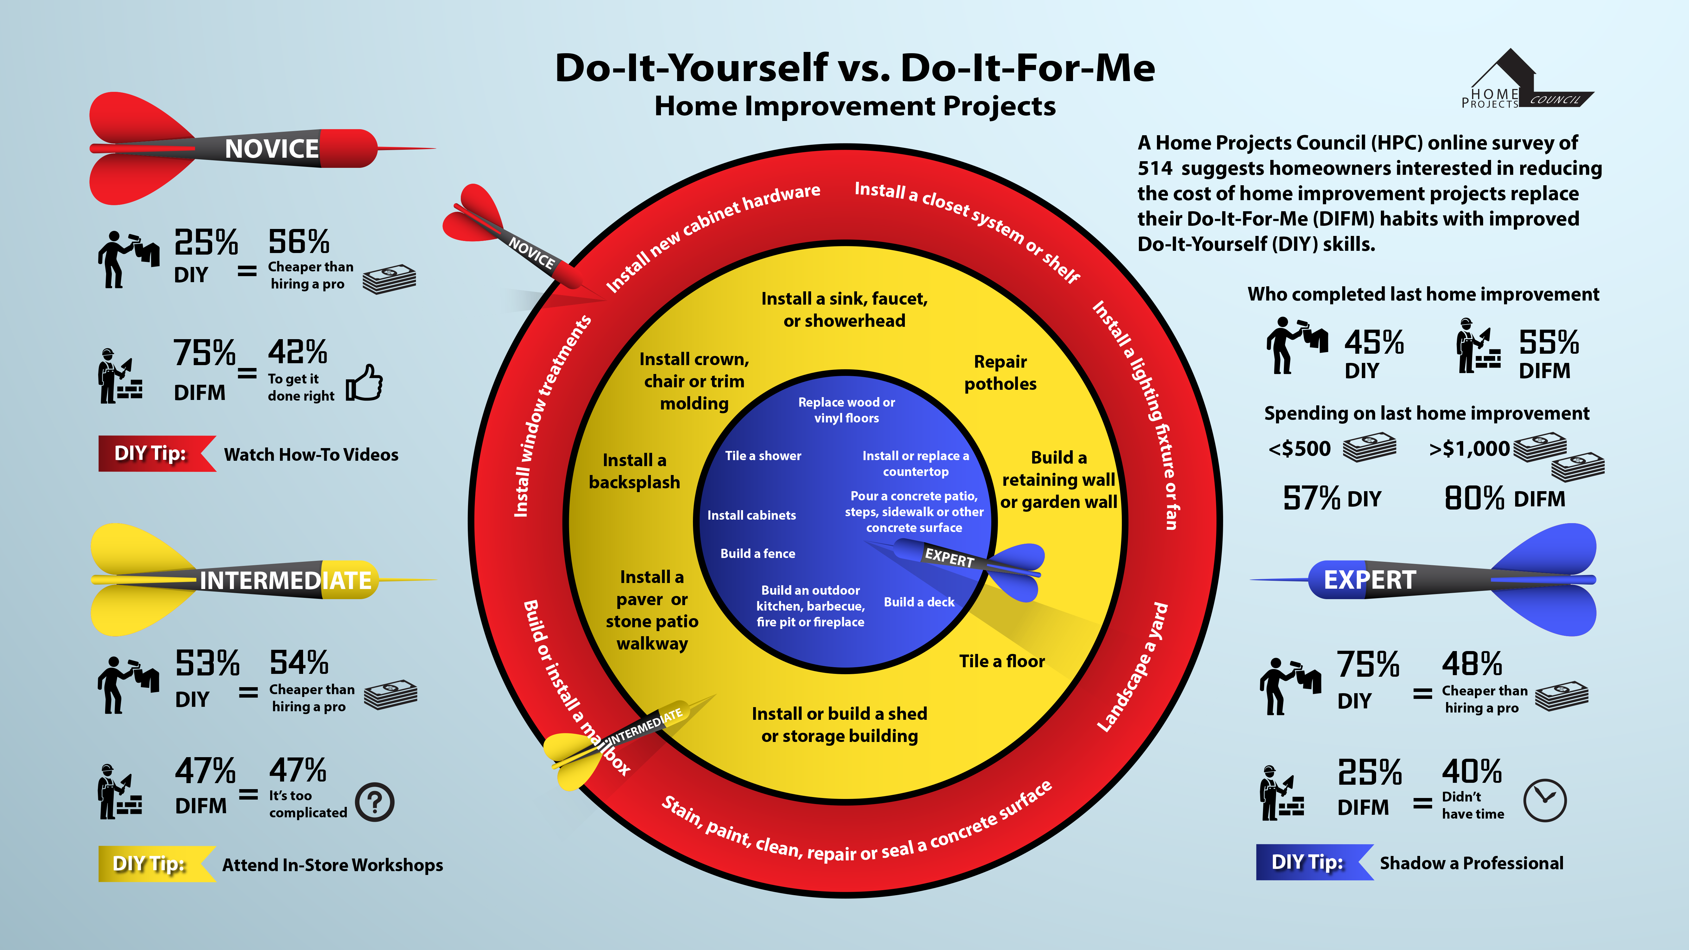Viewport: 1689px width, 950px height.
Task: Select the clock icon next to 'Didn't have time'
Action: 1545,800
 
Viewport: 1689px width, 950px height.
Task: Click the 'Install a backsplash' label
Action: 634,471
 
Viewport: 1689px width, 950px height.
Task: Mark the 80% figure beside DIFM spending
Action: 1474,498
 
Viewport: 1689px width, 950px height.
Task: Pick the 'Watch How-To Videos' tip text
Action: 311,454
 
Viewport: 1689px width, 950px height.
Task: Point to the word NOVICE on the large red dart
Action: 271,149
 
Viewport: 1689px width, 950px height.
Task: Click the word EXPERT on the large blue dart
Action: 1370,579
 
